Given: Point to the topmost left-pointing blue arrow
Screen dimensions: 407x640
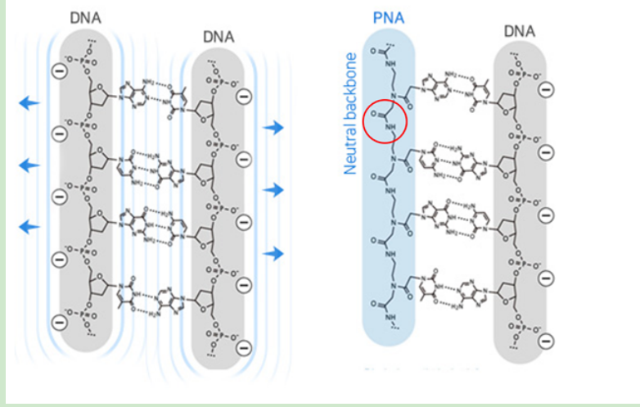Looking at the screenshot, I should point(29,102).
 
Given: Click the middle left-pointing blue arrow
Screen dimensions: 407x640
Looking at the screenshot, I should point(29,165).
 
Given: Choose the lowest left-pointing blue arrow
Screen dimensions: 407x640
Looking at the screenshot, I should point(29,226).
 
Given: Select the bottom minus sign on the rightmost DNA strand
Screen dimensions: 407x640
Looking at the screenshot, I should point(546,340).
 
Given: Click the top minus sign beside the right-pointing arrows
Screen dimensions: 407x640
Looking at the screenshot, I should point(243,98).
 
